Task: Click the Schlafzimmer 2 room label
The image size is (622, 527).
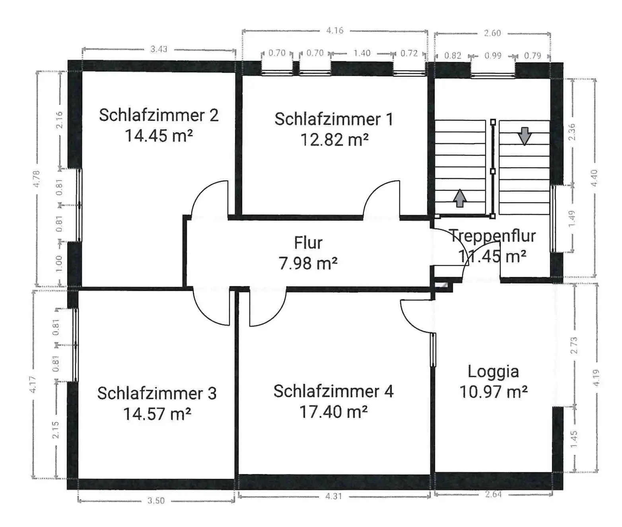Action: coord(159,115)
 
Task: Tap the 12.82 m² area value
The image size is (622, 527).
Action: coord(334,139)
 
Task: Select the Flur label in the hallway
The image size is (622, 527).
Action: coord(308,243)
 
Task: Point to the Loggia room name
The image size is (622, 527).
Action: coord(493,372)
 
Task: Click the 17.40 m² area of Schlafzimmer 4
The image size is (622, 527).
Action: coord(333,411)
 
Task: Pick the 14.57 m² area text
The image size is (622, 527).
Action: coord(157,414)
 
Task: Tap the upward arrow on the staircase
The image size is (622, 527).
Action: coord(459,198)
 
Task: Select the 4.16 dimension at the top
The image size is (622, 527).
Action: coord(334,30)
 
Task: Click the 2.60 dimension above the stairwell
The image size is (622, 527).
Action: coord(492,33)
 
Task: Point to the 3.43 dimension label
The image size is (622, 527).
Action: coord(159,49)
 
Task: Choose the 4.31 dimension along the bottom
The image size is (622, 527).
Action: coord(333,496)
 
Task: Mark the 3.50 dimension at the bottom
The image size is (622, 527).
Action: coord(156,500)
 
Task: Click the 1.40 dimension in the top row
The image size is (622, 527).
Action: coord(362,53)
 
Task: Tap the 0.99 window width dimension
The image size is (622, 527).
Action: coord(493,56)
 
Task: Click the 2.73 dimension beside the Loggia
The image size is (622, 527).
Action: coord(574,345)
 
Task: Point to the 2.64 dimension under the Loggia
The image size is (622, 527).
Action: coord(493,494)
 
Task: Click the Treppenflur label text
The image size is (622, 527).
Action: coord(493,236)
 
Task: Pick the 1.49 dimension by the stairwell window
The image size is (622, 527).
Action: coord(572,219)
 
